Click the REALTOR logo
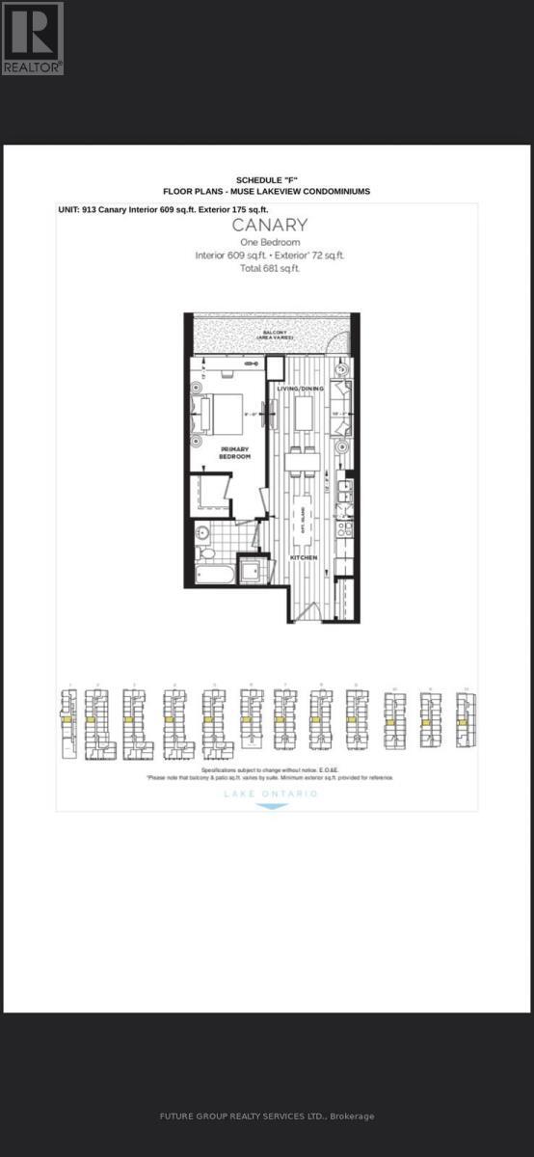coord(32,38)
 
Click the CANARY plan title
coord(270,226)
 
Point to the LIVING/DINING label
coord(298,389)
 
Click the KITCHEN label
coord(306,557)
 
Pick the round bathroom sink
coord(203,533)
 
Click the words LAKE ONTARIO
coord(270,794)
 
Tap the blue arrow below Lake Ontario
coord(270,806)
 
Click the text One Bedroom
coord(270,242)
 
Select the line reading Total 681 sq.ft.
coord(270,268)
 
